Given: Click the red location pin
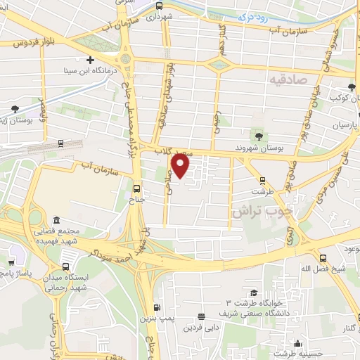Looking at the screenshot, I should click(181, 167).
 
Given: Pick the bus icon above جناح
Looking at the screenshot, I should click(136, 188).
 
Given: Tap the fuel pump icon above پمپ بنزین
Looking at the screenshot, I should click(157, 307).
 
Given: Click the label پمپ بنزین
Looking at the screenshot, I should click(161, 319).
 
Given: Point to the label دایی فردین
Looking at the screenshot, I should click(203, 328).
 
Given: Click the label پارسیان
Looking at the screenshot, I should click(345, 124).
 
